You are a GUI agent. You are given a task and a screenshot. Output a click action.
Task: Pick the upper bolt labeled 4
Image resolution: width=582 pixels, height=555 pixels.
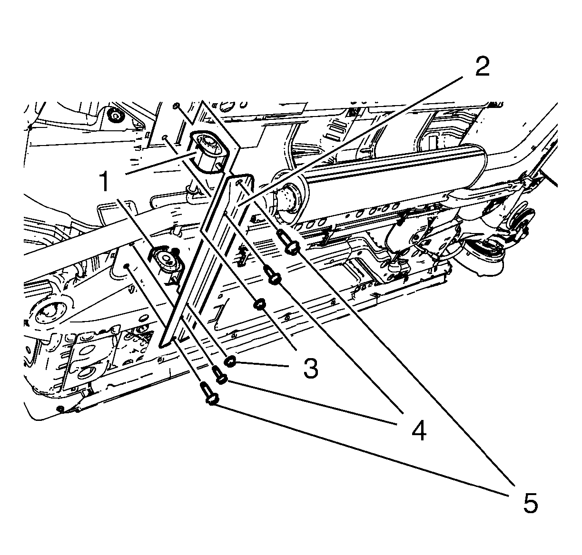tap(273, 275)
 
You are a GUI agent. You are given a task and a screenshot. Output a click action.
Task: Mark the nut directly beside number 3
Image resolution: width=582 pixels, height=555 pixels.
tap(230, 361)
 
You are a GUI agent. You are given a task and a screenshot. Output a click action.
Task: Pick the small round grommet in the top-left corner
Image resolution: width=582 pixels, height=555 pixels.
tap(114, 115)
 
